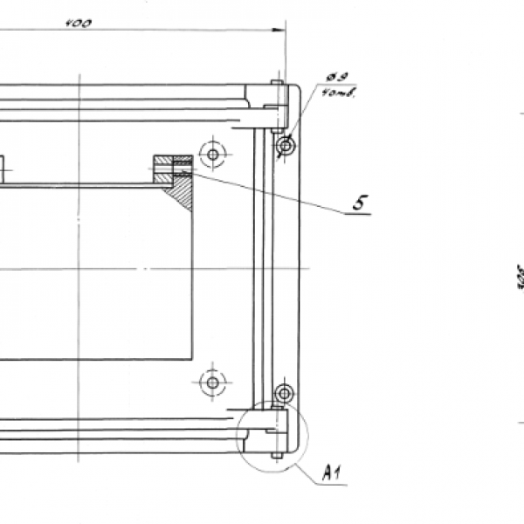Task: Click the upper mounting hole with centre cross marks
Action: [211, 155]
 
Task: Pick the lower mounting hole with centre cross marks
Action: [211, 382]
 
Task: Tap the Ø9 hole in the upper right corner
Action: [285, 145]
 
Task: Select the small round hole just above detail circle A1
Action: [284, 392]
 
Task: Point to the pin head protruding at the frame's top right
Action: [276, 84]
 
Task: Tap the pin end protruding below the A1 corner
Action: [277, 455]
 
